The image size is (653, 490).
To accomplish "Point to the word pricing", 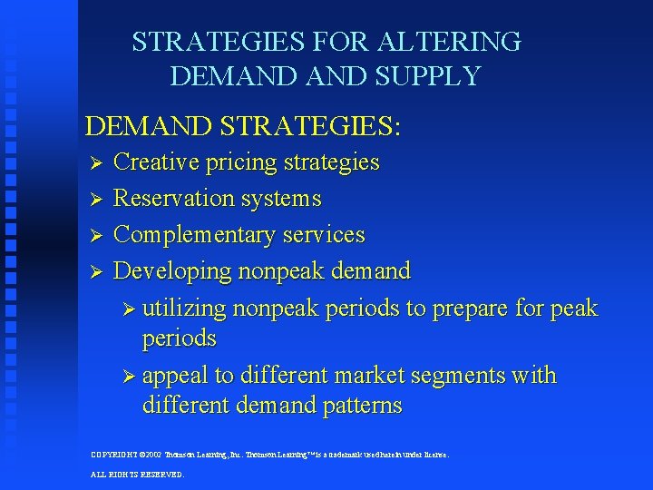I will pyautogui.click(x=241, y=163).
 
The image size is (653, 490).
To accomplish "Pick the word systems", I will pyautogui.click(x=287, y=198).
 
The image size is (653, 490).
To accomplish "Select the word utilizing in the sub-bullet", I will pyautogui.click(x=184, y=309).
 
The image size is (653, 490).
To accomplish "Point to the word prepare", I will pyautogui.click(x=470, y=309).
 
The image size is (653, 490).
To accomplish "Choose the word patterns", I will pyautogui.click(x=356, y=406).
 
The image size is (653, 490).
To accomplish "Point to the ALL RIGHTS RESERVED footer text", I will pyautogui.click(x=138, y=475).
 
